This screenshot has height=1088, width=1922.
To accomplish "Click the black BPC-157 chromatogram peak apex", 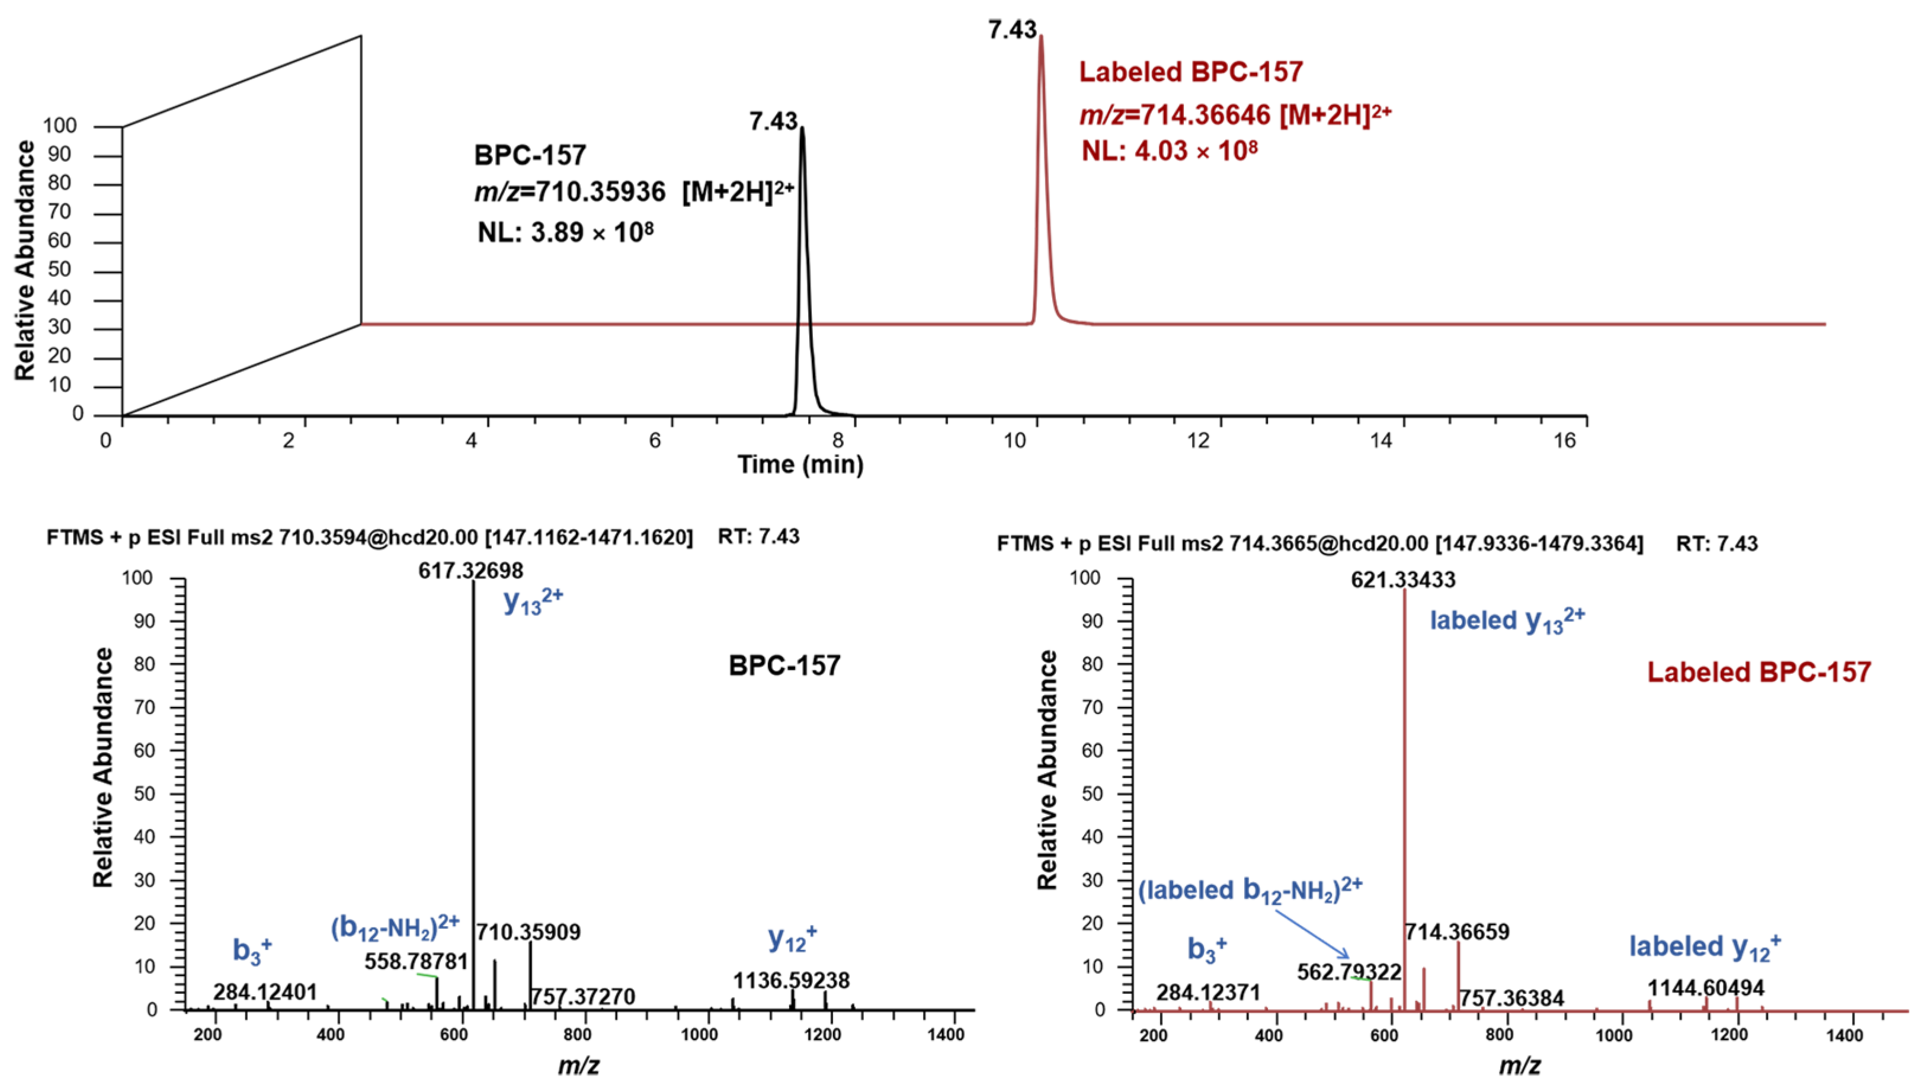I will [x=802, y=129].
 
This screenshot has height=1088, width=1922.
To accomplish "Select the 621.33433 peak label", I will [x=1403, y=580].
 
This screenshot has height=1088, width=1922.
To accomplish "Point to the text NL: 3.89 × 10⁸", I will [x=565, y=232].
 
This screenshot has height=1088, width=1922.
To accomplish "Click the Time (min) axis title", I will [x=800, y=465].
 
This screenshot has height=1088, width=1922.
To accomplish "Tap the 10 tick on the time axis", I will [x=1015, y=441].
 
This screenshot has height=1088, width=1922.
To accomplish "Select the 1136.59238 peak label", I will [x=791, y=980].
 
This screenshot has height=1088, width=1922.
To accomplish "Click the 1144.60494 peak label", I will [x=1705, y=988].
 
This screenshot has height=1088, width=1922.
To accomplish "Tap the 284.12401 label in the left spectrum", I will [x=265, y=993].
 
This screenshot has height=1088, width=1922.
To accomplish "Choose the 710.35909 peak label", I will [x=528, y=932].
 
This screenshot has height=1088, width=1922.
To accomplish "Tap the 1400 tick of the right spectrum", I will [x=1844, y=1036].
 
